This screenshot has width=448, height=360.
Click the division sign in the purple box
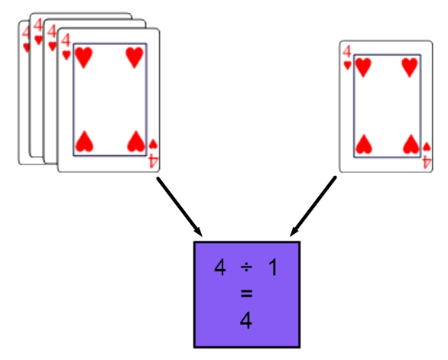(246, 268)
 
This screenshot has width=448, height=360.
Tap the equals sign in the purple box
(246, 294)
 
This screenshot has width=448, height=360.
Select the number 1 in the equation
(273, 268)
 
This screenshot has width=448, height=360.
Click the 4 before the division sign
(220, 268)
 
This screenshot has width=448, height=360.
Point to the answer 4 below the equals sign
(246, 320)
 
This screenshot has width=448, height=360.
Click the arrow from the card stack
(180, 207)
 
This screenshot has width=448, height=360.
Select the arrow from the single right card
(313, 206)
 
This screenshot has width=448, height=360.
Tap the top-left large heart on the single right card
(363, 67)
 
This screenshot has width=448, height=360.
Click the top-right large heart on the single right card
(410, 67)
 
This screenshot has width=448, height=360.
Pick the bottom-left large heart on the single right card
(364, 144)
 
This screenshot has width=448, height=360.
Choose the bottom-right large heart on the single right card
(411, 144)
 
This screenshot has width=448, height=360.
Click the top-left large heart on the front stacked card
(83, 58)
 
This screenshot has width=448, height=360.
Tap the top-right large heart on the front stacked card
(135, 58)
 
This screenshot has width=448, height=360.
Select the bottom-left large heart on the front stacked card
(84, 141)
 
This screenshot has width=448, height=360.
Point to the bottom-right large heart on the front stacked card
(136, 141)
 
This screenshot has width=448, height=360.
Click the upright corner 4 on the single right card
(347, 52)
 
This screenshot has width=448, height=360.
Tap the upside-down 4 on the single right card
(427, 163)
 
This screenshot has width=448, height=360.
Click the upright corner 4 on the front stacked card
(66, 41)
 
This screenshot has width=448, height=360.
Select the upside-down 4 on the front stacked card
(153, 161)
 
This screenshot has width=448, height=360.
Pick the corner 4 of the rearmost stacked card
(26, 32)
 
